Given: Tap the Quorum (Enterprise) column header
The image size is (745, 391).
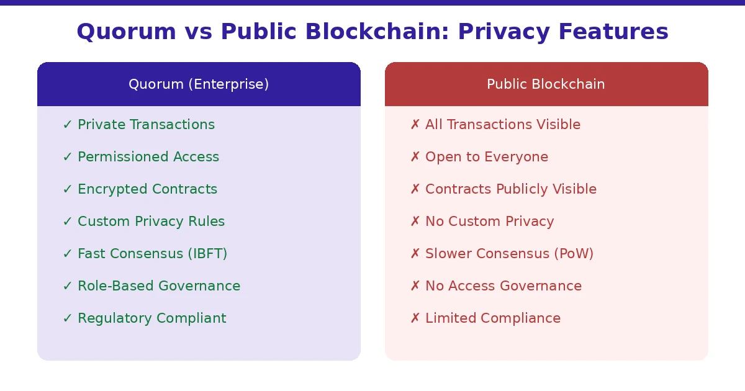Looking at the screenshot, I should [199, 84].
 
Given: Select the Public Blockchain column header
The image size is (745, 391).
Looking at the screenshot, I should [546, 84].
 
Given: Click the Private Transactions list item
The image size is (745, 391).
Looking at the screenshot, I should [146, 125].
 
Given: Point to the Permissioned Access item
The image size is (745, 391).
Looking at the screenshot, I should [148, 157].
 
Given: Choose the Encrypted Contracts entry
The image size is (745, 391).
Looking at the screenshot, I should [147, 189].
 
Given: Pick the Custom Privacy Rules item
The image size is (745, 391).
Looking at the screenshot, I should [151, 222].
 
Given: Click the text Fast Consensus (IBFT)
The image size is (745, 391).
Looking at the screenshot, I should [152, 254].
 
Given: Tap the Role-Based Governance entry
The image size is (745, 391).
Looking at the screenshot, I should [159, 286].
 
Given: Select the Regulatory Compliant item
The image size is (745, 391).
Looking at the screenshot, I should [151, 318].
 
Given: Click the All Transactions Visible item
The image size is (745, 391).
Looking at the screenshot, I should [503, 125].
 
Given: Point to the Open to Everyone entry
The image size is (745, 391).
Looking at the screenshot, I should [487, 157].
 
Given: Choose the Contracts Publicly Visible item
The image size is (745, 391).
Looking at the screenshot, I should [511, 189].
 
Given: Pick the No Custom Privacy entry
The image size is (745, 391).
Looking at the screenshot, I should [489, 222].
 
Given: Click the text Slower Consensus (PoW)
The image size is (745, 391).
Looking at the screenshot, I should [509, 254].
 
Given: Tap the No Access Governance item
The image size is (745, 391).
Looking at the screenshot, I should [503, 286].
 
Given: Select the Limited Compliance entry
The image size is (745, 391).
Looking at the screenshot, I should [493, 318].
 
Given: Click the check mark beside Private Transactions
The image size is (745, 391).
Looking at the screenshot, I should [68, 125].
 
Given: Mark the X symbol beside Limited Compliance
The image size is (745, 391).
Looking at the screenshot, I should [415, 318].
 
